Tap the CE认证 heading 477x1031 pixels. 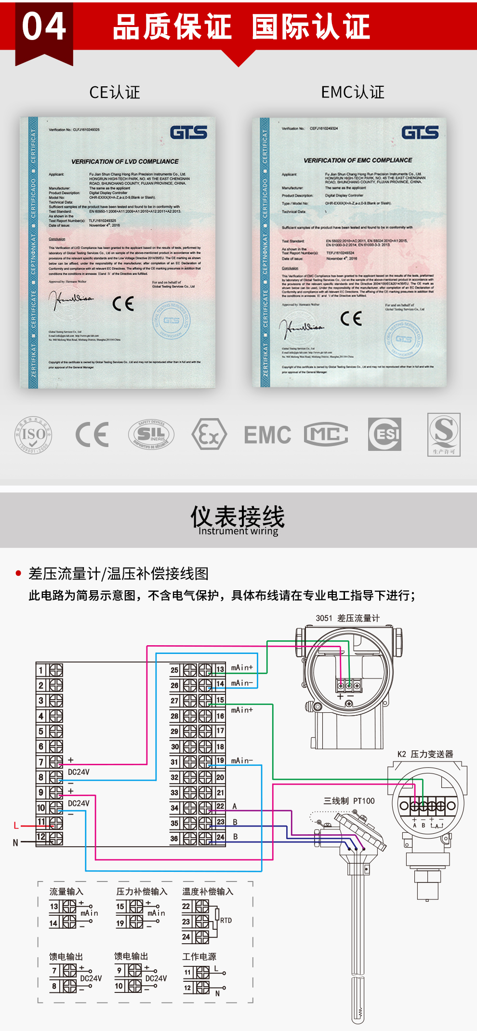tap(115, 92)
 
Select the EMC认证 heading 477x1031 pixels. tap(353, 92)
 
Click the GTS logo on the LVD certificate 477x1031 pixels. tap(188, 133)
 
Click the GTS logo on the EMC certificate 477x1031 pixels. tap(420, 133)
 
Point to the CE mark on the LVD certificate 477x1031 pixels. tap(123, 304)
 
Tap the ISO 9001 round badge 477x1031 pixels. tap(33, 434)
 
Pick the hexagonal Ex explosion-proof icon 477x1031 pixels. tap(209, 434)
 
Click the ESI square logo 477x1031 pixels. tap(384, 434)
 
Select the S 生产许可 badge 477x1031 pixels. tap(444, 434)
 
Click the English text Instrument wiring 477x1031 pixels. tap(238, 531)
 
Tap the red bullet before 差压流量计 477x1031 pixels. tap(18, 573)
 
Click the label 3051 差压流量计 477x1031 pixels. tap(347, 618)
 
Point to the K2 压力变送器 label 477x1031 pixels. tap(425, 754)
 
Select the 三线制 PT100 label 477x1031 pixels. tap(349, 801)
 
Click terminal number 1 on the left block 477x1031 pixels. tap(41, 670)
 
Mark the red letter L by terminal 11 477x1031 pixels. tap(16, 826)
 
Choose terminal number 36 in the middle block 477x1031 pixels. tap(174, 839)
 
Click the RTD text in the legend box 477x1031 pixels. tap(226, 921)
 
